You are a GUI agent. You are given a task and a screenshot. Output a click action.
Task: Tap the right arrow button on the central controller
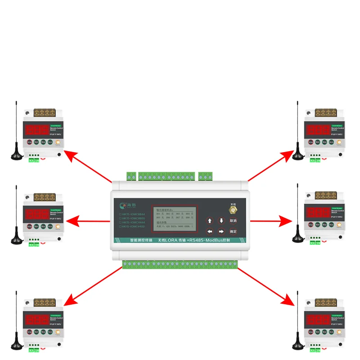221,231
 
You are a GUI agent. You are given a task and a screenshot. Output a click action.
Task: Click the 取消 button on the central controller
233,220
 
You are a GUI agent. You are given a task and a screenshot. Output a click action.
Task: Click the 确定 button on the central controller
233,231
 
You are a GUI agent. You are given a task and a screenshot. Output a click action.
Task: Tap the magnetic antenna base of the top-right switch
297,156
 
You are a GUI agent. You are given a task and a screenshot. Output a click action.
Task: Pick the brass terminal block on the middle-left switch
44,196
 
